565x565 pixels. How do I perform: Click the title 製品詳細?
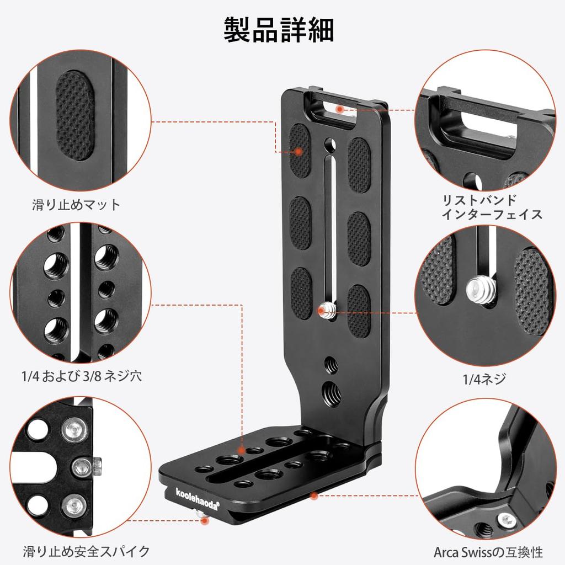279,30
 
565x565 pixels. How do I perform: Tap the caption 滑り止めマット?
76,205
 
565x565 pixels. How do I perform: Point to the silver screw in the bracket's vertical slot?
327,312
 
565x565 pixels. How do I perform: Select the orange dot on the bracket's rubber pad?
298,151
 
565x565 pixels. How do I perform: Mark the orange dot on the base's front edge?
313,495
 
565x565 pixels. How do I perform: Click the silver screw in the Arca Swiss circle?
505,519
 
